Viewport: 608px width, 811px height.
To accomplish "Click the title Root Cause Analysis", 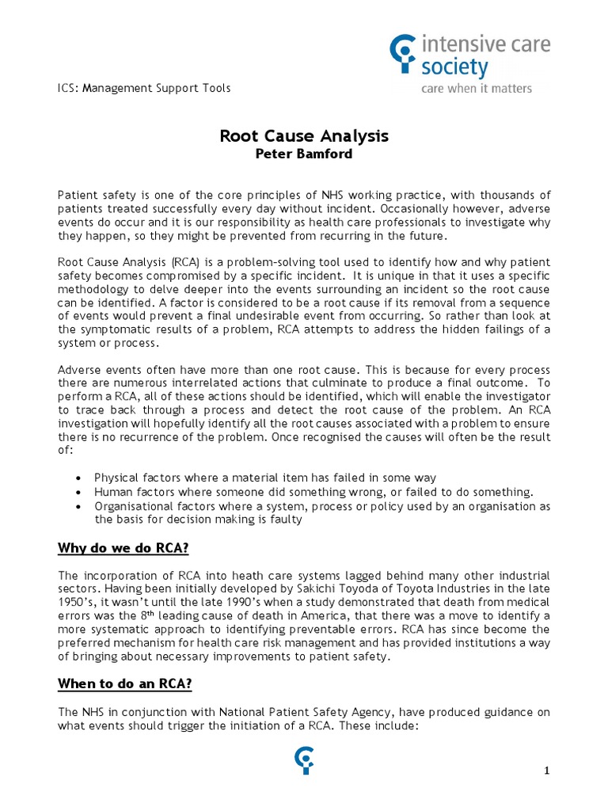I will pos(304,136).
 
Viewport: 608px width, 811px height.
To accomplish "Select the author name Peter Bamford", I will pos(304,154).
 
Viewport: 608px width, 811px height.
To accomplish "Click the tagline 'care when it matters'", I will pos(477,88).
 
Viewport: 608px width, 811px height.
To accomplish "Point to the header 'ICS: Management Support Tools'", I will pos(145,88).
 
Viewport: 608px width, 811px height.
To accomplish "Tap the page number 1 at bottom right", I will pos(546,771).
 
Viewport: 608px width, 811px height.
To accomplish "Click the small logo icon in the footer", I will pos(303,763).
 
